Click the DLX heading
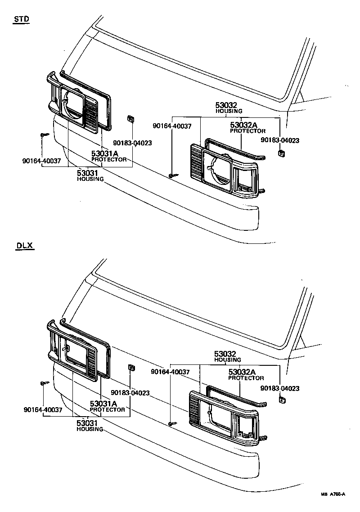[x=24, y=246]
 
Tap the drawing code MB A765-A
[x=333, y=494]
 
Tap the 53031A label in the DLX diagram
[x=103, y=404]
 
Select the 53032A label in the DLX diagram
[x=242, y=372]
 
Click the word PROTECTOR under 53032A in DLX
[x=246, y=378]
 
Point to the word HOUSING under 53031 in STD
[x=90, y=179]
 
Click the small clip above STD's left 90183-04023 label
[x=130, y=119]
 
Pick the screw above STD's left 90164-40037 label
[x=43, y=135]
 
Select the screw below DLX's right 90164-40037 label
[x=172, y=423]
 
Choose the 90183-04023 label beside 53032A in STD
[x=280, y=140]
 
